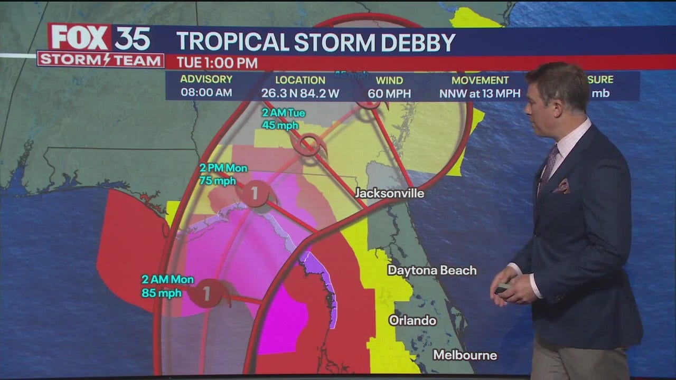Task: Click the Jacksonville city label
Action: tap(389, 194)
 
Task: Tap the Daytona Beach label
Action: tap(432, 271)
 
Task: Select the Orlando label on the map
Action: tap(412, 320)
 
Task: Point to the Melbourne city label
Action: tap(465, 355)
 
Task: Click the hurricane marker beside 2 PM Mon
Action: tap(255, 194)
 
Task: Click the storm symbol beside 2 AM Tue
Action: tap(307, 144)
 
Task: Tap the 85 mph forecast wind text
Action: tap(162, 293)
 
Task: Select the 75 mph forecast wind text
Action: tap(218, 180)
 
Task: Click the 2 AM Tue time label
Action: tap(284, 113)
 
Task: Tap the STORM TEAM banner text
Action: tap(100, 60)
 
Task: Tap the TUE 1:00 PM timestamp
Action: tap(217, 63)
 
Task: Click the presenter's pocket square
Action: tap(561, 186)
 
